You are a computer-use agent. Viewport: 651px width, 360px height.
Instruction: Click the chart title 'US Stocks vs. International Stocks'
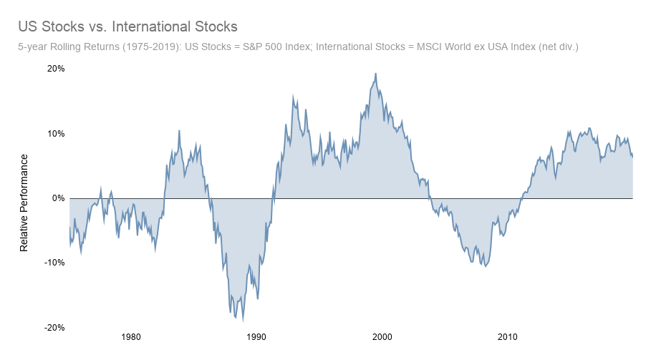[127, 27]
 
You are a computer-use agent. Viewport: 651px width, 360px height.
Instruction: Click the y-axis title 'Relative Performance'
[24, 202]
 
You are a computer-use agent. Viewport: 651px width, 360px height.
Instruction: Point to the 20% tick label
[56, 69]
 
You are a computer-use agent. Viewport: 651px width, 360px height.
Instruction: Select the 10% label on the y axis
[56, 134]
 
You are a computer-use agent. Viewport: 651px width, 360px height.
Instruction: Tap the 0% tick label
[58, 198]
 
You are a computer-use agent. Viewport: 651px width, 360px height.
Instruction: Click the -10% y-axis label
[54, 263]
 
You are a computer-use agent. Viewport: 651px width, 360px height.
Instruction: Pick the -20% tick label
[54, 327]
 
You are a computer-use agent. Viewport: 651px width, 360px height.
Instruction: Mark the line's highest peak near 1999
[375, 74]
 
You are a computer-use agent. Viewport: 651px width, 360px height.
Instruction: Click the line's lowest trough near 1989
[243, 320]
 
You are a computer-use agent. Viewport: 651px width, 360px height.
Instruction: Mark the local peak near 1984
[179, 131]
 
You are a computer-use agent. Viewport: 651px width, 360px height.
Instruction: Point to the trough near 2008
[486, 266]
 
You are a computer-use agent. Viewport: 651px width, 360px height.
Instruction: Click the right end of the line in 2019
[632, 157]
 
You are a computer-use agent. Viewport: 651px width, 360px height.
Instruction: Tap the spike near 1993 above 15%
[293, 96]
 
